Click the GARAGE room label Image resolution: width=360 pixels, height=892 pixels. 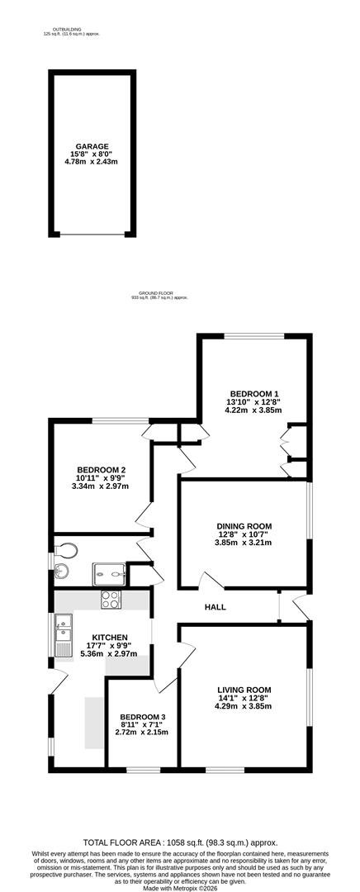(x=93, y=146)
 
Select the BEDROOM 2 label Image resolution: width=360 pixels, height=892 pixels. (x=102, y=469)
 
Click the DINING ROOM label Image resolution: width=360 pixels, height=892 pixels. (x=244, y=525)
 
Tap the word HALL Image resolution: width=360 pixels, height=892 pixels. (x=216, y=607)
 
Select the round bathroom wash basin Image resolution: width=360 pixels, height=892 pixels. (x=61, y=573)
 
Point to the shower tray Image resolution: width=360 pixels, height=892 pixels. (x=109, y=574)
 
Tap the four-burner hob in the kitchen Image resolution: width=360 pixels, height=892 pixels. (x=111, y=600)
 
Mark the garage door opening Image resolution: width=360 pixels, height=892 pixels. (x=92, y=234)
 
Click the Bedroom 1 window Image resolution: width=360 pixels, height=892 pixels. (x=253, y=336)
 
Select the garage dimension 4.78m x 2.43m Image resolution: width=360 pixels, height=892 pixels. (x=92, y=162)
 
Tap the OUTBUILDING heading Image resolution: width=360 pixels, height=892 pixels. (x=67, y=29)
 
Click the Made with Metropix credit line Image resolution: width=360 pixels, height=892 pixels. (x=180, y=887)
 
